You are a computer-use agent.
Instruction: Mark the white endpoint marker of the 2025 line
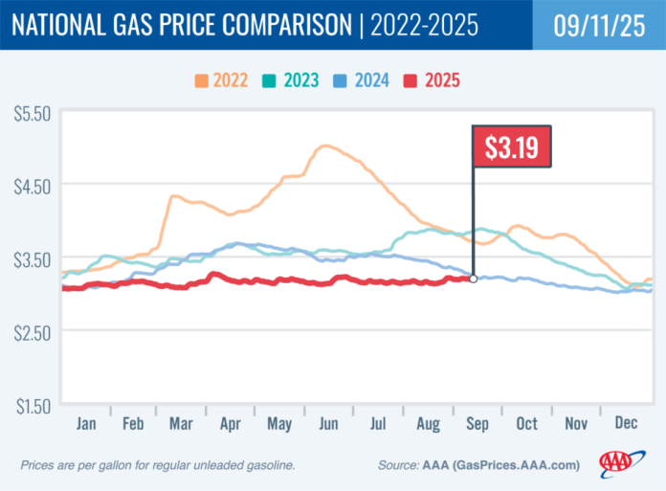474,279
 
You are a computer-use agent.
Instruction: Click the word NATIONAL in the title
66,27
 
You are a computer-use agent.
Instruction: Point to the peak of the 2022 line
325,145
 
